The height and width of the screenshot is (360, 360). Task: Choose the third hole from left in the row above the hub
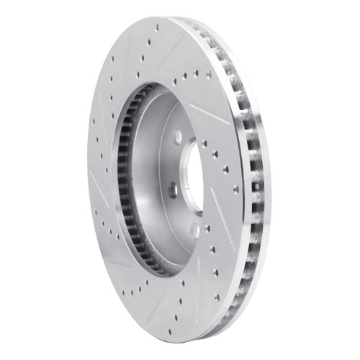(x=197, y=74)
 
